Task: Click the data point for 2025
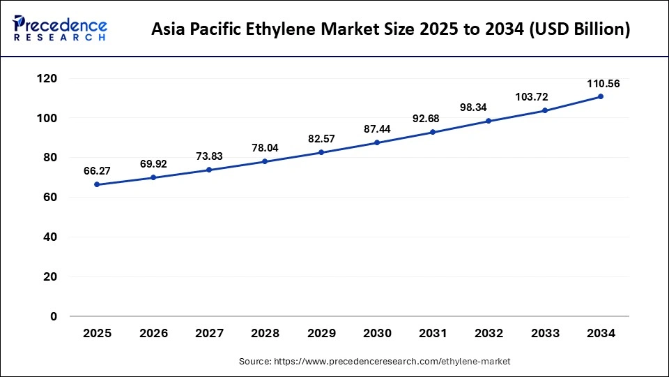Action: [x=98, y=184]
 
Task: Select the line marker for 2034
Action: [x=601, y=96]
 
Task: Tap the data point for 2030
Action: [x=377, y=142]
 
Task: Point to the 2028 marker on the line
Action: [x=265, y=161]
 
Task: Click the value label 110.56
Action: [x=602, y=84]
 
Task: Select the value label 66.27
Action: [x=98, y=171]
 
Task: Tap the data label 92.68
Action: [x=433, y=119]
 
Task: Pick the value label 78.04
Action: [x=266, y=148]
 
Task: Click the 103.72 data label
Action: [x=545, y=97]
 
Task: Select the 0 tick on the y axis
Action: [x=54, y=317]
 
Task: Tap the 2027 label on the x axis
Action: [x=210, y=334]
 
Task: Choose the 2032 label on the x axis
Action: [x=489, y=334]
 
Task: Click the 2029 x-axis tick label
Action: [x=321, y=334]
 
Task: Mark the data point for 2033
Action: [x=545, y=110]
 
